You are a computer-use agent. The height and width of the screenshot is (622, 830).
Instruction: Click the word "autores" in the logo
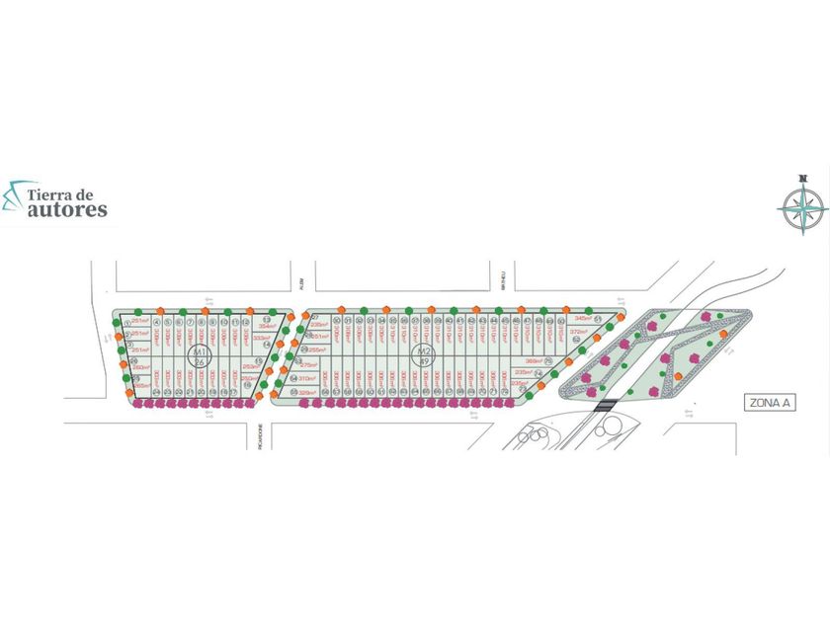68,209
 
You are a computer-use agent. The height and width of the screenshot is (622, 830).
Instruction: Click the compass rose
802,205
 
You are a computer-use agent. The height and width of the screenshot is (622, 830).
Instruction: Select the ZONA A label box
769,403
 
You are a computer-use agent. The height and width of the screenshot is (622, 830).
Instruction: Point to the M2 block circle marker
424,356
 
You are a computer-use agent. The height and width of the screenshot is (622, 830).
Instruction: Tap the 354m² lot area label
267,325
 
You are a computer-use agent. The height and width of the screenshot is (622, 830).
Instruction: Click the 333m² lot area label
262,338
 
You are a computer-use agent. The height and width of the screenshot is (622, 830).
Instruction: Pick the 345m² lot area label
583,319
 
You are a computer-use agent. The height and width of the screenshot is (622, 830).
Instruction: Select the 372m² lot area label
579,332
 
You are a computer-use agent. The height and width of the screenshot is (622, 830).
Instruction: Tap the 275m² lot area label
307,364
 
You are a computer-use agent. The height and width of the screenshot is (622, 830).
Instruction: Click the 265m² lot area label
141,385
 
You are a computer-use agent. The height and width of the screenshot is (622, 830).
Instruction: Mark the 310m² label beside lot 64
306,378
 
